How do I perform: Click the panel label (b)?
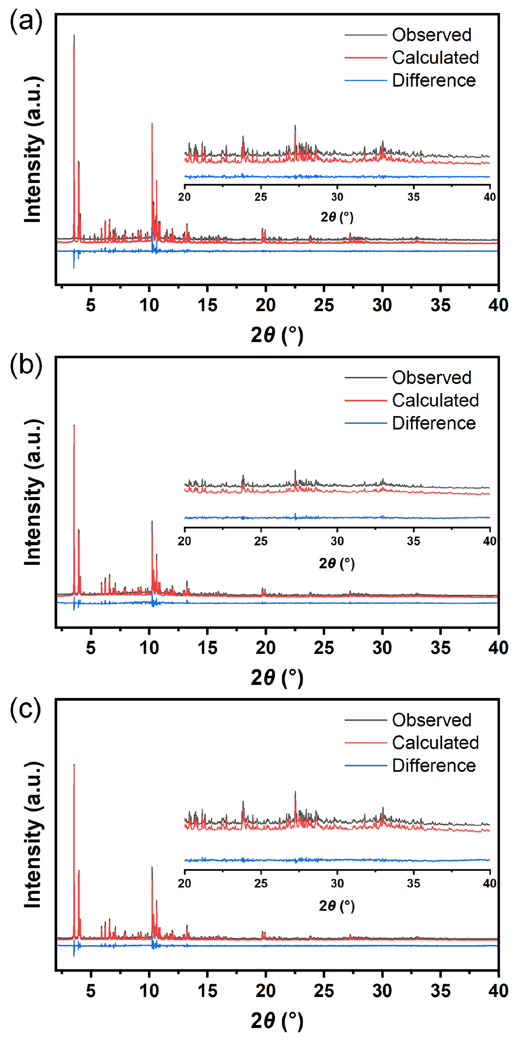pyautogui.click(x=26, y=365)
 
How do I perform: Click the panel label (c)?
pyautogui.click(x=26, y=708)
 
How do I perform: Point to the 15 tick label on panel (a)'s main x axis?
pyautogui.click(x=207, y=305)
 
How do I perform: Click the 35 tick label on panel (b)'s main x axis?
pyautogui.click(x=440, y=648)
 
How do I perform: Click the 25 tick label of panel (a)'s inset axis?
pyautogui.click(x=261, y=197)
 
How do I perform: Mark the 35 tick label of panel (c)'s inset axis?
pyautogui.click(x=413, y=883)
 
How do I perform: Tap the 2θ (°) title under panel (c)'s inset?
pyautogui.click(x=337, y=906)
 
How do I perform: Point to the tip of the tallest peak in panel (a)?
pyautogui.click(x=74, y=35)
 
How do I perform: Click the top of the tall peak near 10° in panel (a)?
pyautogui.click(x=152, y=124)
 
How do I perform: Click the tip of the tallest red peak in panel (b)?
pyautogui.click(x=74, y=425)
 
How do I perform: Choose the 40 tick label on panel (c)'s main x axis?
pyautogui.click(x=498, y=991)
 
